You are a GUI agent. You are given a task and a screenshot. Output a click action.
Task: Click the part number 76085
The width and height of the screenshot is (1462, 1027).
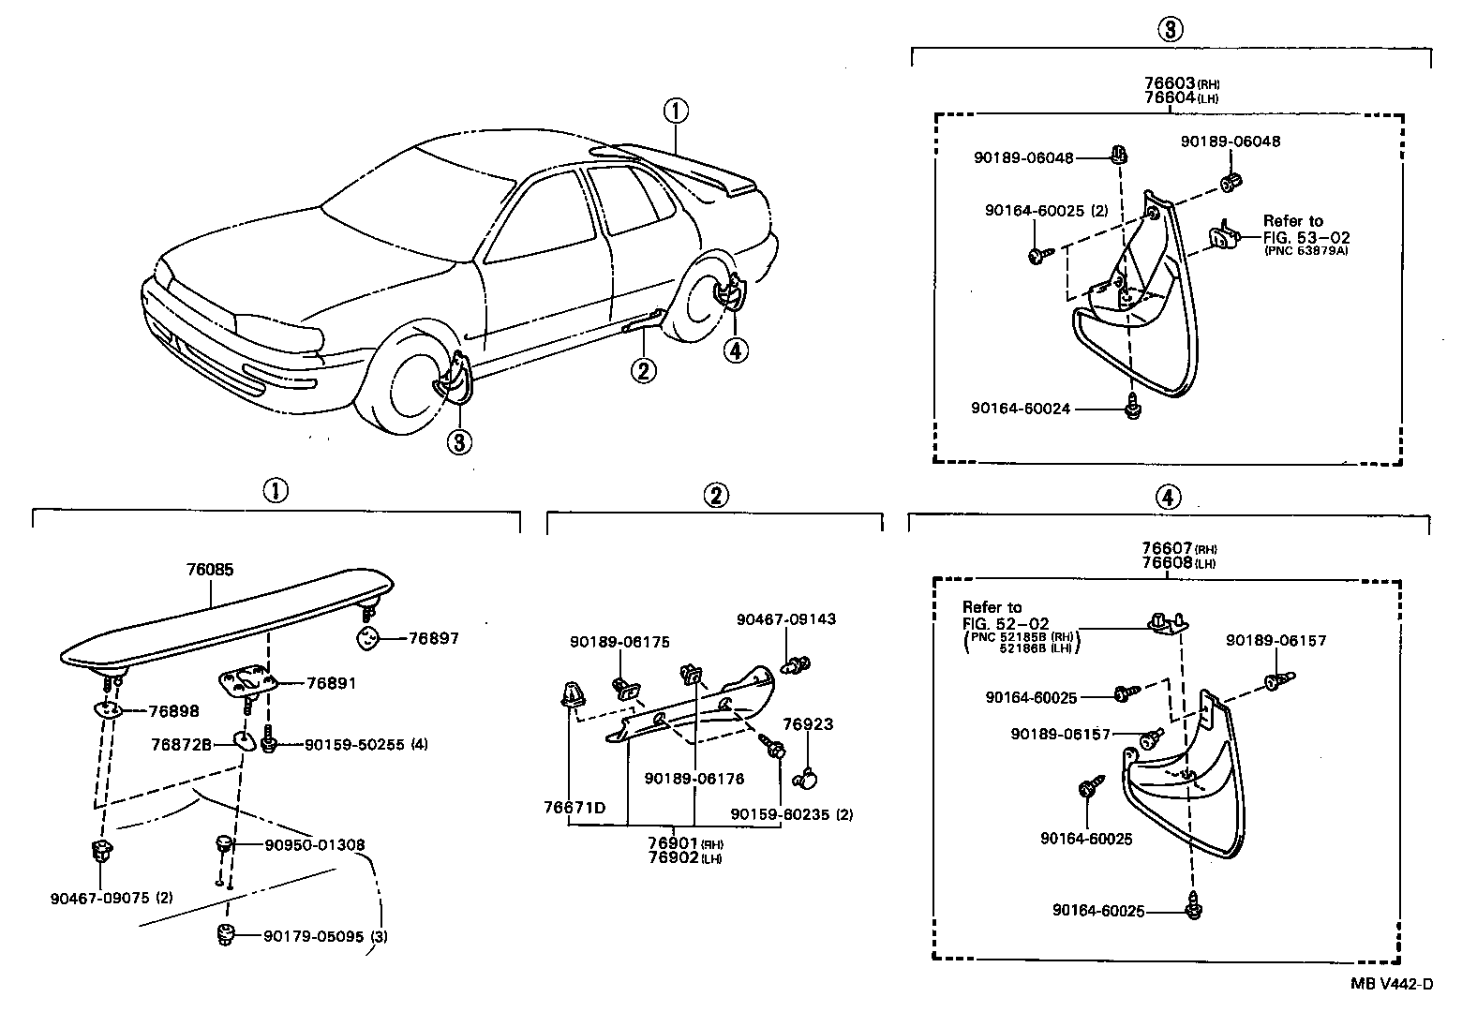(210, 570)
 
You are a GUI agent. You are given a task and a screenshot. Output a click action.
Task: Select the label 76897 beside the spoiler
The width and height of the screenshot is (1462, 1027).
(433, 638)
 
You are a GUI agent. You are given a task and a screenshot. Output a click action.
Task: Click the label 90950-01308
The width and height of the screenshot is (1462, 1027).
(314, 845)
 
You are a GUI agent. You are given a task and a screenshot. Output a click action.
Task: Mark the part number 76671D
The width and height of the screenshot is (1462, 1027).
(574, 807)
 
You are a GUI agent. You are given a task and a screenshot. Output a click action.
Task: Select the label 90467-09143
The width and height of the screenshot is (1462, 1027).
(785, 619)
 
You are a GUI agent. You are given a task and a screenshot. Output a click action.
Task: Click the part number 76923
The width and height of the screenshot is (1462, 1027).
(807, 724)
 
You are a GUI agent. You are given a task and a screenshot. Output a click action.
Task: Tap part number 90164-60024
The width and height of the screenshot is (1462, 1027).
(1021, 409)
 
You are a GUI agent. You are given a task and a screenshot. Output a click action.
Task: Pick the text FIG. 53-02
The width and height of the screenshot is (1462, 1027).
(1292, 236)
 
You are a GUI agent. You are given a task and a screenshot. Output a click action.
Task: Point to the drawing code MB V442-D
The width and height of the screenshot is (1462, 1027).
(1391, 983)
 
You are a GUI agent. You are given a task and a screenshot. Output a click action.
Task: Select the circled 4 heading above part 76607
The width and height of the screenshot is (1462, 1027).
(1168, 497)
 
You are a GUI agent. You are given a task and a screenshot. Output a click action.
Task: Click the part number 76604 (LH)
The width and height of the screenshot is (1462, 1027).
(1167, 97)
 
